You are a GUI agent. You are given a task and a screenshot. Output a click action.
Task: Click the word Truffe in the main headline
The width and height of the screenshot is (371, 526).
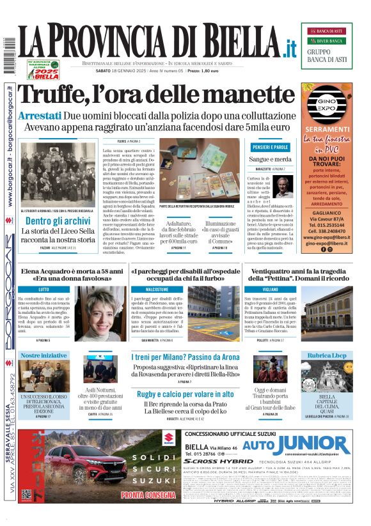point(61,94)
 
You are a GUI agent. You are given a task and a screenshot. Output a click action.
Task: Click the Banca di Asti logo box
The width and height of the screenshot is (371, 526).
point(330,31)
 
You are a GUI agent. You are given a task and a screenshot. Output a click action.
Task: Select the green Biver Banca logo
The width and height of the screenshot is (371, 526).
point(330,41)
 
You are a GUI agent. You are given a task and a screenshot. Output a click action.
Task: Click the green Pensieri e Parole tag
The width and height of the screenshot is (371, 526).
point(270,148)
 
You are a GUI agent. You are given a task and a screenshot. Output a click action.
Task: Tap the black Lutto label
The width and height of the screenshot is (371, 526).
point(44,290)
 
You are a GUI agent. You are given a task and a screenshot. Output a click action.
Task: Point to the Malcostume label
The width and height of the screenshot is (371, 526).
point(156,290)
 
